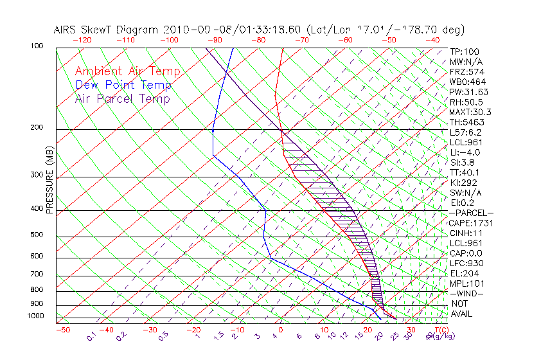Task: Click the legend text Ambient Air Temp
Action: click(127, 71)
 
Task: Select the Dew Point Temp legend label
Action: click(123, 85)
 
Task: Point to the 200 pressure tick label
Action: click(37, 127)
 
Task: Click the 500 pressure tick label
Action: click(37, 235)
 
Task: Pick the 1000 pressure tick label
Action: click(35, 316)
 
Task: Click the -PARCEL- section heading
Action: click(471, 213)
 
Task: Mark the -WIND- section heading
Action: click(466, 293)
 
